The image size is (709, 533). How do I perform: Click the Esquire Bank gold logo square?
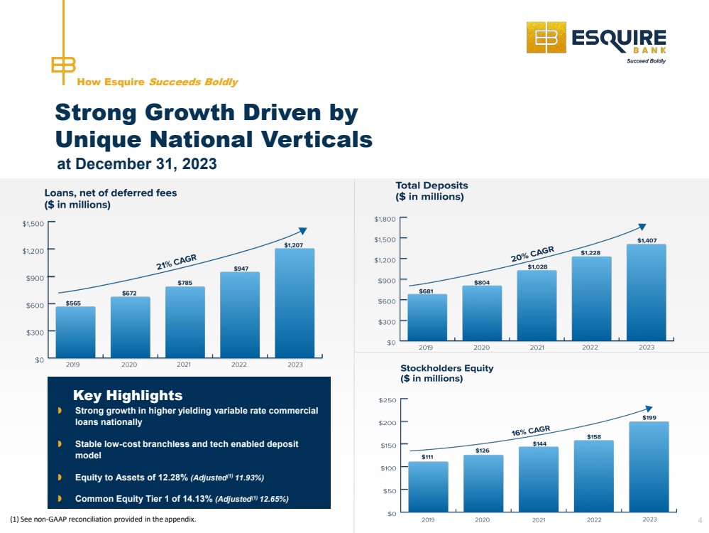tap(546, 38)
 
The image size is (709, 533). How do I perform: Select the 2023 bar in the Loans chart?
tap(295, 303)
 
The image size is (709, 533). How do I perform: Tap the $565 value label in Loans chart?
tap(73, 303)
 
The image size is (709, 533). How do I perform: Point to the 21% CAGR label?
tap(176, 262)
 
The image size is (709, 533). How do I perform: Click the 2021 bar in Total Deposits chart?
tap(537, 305)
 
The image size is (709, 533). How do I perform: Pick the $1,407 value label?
tap(647, 240)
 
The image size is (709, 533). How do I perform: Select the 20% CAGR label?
tap(532, 254)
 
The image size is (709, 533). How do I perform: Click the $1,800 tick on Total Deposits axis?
tap(385, 219)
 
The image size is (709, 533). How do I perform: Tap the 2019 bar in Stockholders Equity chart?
tap(428, 487)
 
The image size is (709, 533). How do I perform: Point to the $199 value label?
tap(649, 418)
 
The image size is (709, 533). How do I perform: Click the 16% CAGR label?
tap(531, 431)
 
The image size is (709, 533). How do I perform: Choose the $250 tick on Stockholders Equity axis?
tap(388, 400)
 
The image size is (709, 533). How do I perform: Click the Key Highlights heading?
tap(128, 395)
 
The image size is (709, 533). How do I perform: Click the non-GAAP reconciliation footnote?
tap(103, 519)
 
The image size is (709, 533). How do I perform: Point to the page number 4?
tap(700, 520)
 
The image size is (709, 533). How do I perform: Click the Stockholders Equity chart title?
tap(446, 373)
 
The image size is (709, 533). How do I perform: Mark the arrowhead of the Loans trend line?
tap(303, 231)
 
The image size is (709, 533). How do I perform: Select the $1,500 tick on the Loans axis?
tap(33, 224)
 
